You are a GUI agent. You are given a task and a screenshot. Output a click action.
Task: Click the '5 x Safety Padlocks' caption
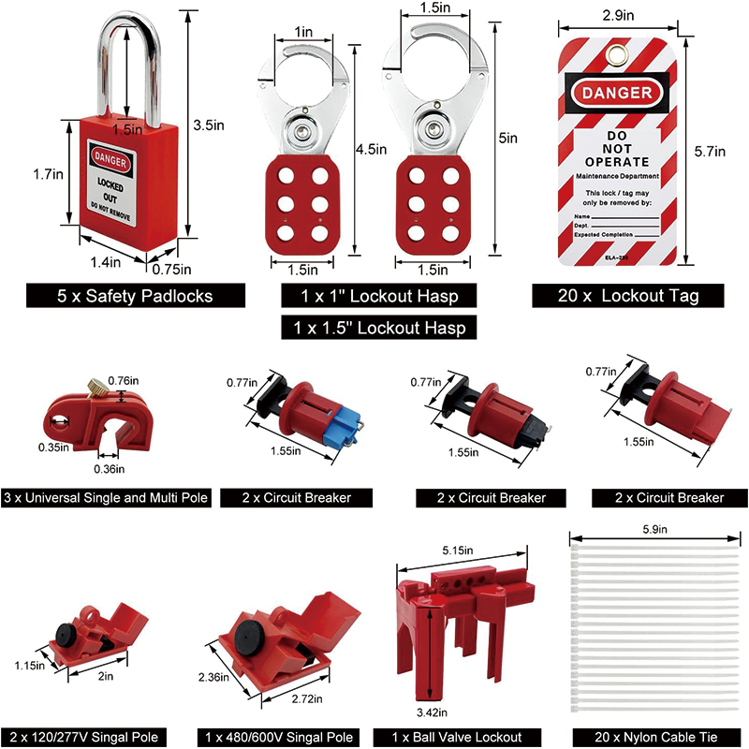135,296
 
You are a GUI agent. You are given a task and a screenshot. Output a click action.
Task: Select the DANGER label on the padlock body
111,154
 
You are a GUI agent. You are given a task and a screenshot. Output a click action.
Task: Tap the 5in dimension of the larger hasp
508,138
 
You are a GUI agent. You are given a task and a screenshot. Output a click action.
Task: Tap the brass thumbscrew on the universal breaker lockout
96,385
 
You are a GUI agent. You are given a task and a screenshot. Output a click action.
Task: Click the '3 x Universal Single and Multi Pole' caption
107,497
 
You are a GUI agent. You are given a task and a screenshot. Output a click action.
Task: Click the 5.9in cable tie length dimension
656,530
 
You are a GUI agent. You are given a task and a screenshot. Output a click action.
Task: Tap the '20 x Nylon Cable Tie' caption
656,737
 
